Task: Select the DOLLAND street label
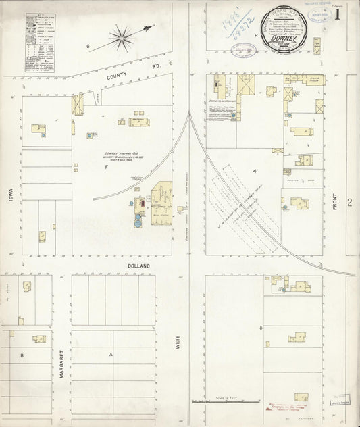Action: [x=138, y=267]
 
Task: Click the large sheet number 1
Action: [x=336, y=15]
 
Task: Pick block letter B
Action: [x=22, y=354]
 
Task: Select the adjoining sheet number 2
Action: [x=350, y=202]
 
